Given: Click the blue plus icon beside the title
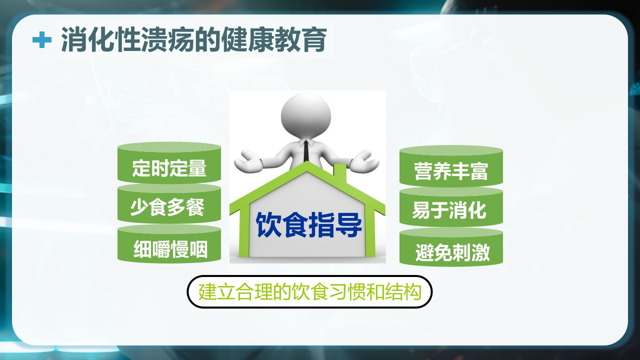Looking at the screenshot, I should [x=42, y=40].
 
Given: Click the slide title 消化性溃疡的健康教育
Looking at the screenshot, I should [x=194, y=40].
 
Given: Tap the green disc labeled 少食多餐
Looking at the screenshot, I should [x=169, y=207].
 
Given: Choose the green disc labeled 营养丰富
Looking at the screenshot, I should [x=451, y=170].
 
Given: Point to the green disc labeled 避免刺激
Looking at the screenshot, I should [x=451, y=251].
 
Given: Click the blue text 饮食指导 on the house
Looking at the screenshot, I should [x=308, y=225].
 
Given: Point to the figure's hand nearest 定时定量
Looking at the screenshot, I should [x=247, y=161].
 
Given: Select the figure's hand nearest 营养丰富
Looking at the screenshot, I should [x=364, y=161].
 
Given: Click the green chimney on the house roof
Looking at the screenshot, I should [x=340, y=172].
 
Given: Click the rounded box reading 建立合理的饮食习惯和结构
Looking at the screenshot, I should [x=309, y=292].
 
